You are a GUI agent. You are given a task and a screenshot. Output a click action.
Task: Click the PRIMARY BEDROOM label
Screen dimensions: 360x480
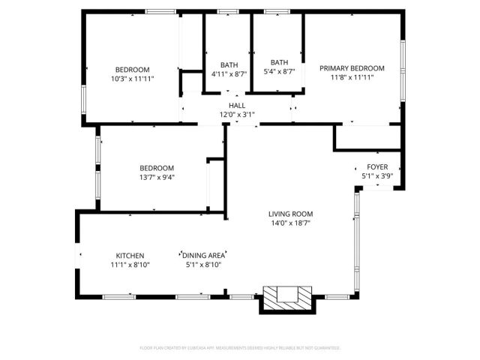352,68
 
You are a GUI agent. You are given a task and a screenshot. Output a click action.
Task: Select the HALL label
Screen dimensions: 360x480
237,106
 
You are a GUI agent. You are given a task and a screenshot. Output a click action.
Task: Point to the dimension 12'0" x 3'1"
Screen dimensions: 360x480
237,115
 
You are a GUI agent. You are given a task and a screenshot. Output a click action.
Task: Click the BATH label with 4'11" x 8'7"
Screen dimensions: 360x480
229,64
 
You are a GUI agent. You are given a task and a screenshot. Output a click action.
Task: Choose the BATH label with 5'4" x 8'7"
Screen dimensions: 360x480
279,62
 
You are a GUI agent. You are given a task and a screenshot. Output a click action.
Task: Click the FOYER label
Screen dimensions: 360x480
377,166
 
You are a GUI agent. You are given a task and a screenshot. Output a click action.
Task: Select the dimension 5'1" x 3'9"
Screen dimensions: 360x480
377,175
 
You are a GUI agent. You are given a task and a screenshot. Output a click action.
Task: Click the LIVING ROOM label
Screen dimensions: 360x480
290,214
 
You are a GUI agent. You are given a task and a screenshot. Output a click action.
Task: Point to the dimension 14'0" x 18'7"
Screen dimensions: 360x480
290,223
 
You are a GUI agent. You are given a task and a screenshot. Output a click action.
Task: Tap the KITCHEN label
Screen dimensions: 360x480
130,255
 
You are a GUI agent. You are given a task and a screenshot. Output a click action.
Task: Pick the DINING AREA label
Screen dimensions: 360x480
203,255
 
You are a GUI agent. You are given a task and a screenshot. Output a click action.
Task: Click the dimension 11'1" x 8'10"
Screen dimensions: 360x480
130,264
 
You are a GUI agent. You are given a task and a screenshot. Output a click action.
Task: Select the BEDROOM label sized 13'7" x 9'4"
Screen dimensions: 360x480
157,168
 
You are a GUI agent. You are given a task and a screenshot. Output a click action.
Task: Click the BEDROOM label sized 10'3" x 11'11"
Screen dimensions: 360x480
132,69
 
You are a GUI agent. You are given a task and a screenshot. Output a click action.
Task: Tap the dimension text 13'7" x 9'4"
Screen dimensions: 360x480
157,177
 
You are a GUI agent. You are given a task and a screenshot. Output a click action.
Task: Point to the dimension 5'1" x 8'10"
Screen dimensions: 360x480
203,264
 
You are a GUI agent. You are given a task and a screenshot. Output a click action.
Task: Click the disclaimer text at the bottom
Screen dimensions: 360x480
240,348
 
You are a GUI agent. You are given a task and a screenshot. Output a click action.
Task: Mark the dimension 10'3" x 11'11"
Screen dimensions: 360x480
132,78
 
